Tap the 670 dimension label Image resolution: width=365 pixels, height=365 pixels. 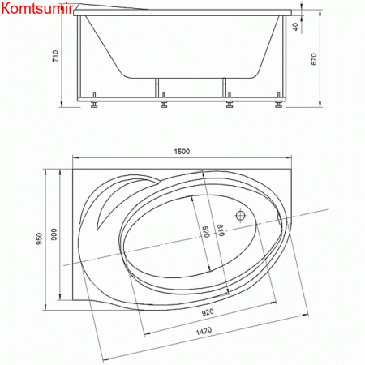pos(323,59)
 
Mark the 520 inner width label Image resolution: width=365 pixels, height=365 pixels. pos(206,233)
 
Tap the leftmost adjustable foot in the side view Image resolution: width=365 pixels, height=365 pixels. pos(97,103)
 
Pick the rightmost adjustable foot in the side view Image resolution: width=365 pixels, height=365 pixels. pos(278,103)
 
